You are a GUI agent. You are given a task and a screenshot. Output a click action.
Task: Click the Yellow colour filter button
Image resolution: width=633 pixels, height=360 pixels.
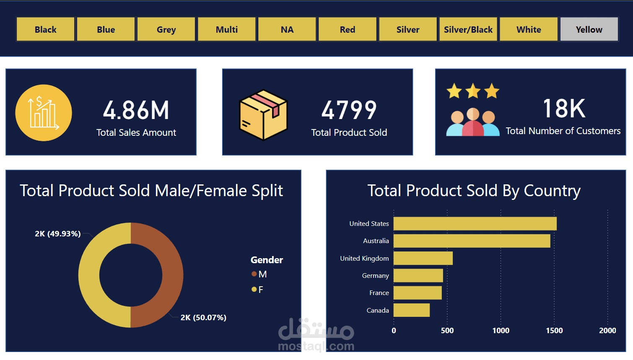[x=589, y=29]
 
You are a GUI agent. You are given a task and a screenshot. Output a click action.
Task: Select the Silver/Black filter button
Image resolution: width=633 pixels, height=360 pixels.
[x=468, y=29]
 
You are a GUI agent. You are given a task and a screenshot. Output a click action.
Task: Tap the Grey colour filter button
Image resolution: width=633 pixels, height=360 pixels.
[x=166, y=29]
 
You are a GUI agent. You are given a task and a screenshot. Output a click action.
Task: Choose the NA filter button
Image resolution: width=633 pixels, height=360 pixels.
[x=287, y=29]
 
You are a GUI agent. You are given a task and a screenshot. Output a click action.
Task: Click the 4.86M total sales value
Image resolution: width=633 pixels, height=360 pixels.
[x=136, y=110]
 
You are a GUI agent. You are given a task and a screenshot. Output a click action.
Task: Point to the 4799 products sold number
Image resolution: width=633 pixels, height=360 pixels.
[x=349, y=110]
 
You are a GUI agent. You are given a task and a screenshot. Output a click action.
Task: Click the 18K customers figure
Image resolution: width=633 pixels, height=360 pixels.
[x=564, y=109]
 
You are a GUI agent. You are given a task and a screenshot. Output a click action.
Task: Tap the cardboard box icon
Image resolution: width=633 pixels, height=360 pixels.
[x=263, y=114]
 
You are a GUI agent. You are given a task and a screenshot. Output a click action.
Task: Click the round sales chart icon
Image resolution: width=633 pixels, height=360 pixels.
[x=44, y=113]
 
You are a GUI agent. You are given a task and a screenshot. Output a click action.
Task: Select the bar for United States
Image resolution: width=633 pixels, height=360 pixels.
[x=475, y=224]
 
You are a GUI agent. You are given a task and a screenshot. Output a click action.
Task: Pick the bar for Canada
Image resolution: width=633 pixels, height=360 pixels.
[x=412, y=310]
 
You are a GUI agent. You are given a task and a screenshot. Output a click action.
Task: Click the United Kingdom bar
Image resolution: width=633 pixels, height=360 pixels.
[x=423, y=258]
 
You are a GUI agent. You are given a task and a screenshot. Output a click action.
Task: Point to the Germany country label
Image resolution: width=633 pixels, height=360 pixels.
[x=375, y=276]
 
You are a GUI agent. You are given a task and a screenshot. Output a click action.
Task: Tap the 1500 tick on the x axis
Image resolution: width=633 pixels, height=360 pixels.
[x=554, y=331]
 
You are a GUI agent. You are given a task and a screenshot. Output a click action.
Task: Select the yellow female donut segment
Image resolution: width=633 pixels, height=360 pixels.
[x=89, y=275]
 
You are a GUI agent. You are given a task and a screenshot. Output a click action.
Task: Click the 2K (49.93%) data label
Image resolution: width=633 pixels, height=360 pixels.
[x=58, y=234]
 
